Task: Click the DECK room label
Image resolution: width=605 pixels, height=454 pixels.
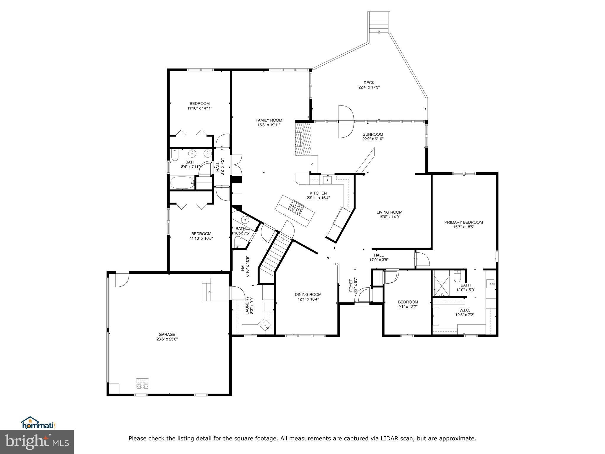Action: click(x=369, y=82)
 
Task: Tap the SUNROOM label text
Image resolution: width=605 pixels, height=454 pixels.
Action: click(x=373, y=134)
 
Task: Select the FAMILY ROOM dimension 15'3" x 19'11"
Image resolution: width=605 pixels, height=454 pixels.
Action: click(x=269, y=125)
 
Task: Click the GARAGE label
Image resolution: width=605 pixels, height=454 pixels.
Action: click(x=167, y=335)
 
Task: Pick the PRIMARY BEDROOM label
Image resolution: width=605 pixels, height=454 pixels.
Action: click(x=463, y=222)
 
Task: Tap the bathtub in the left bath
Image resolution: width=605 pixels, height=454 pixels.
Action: click(x=183, y=183)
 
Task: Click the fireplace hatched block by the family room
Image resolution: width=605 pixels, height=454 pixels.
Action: click(x=304, y=139)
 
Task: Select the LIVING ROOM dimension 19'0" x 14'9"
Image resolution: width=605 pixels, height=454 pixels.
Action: click(x=389, y=217)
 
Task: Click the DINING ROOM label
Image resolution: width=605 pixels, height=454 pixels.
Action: click(x=308, y=294)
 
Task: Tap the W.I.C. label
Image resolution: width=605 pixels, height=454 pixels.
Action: click(x=464, y=310)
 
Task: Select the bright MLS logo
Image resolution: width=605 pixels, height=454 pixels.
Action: click(x=37, y=442)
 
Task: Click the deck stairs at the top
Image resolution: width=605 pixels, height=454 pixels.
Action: click(x=378, y=23)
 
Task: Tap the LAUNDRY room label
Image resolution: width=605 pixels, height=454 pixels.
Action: click(x=248, y=305)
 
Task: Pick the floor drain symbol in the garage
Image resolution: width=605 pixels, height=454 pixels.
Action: click(x=142, y=384)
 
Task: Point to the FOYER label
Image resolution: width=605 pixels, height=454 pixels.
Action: click(x=351, y=285)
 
